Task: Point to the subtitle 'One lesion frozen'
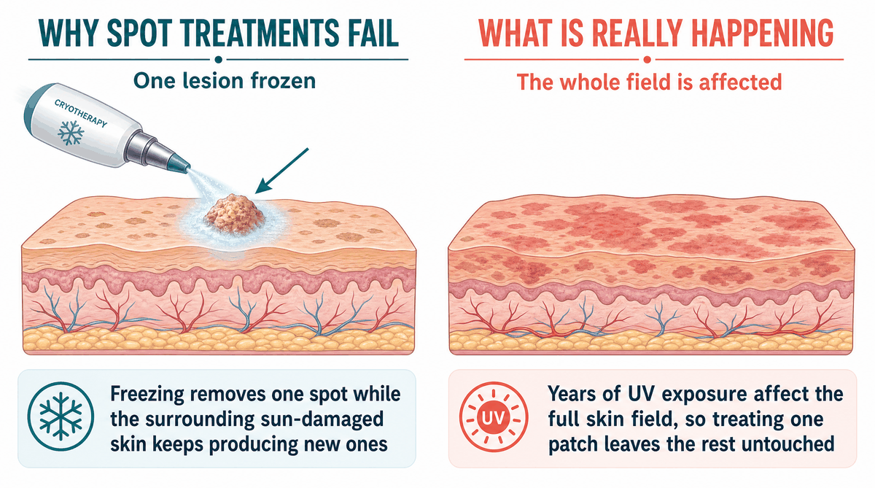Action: point(225,81)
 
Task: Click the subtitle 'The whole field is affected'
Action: point(649,82)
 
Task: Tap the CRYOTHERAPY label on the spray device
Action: point(80,113)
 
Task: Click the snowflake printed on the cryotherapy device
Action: point(71,133)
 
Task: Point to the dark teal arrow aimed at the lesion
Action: point(282,171)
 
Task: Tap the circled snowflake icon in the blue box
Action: point(61,417)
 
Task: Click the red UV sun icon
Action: point(494,418)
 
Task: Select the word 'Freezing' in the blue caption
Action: point(147,394)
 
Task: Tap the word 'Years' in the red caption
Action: point(572,394)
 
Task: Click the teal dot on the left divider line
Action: point(219,60)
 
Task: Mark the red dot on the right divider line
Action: point(647,60)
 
